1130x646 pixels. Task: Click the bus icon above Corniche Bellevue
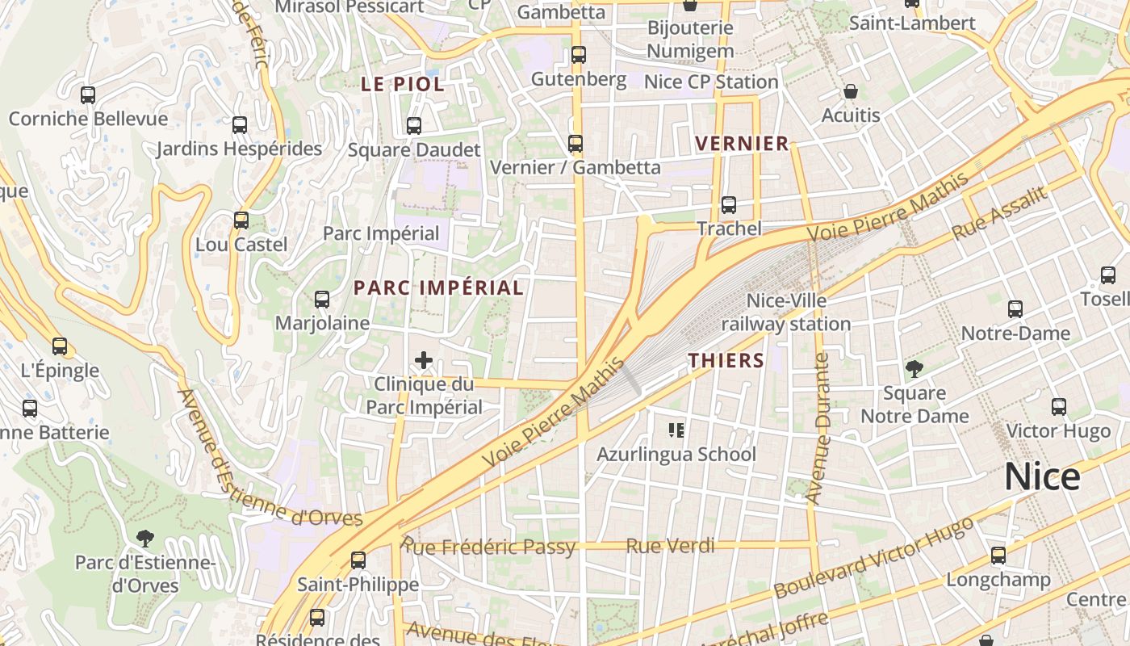click(88, 95)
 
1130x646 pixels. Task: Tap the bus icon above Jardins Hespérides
click(239, 125)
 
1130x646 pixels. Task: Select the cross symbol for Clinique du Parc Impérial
click(424, 360)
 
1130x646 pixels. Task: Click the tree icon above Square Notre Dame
click(914, 370)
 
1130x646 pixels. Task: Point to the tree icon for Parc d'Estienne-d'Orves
click(145, 538)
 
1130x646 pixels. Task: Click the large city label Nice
click(1042, 477)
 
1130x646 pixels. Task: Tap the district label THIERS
click(726, 360)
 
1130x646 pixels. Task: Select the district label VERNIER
click(742, 144)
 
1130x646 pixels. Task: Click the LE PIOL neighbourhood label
click(402, 84)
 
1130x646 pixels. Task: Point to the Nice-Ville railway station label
click(785, 313)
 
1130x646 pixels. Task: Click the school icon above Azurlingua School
click(676, 430)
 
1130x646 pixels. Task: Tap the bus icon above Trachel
click(728, 205)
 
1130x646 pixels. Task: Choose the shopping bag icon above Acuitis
click(850, 91)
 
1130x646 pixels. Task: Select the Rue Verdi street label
click(670, 546)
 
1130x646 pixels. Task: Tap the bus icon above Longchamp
click(998, 556)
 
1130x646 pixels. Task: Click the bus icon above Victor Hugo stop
click(1058, 407)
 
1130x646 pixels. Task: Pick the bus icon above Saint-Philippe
click(358, 560)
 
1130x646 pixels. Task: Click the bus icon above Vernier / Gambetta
click(575, 144)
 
